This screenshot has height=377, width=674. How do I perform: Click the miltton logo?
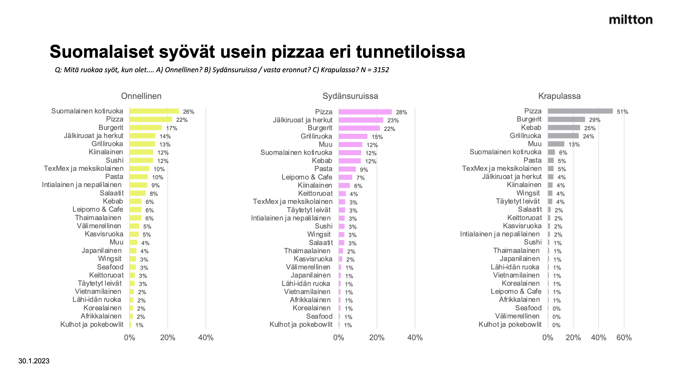click(631, 20)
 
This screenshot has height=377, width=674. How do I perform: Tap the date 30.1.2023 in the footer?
click(34, 361)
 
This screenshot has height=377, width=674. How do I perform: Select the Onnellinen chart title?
click(141, 96)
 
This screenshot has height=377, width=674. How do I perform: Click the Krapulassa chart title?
click(559, 96)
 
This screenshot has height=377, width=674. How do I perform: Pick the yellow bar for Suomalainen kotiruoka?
click(154, 111)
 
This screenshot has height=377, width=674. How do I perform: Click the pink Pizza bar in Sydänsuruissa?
click(365, 112)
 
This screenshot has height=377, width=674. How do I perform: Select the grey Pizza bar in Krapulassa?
click(580, 111)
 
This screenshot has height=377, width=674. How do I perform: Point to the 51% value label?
click(622, 112)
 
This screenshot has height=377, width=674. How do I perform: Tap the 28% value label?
click(401, 112)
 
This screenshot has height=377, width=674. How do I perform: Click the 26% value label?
click(188, 112)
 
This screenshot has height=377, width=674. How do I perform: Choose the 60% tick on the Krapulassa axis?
click(624, 338)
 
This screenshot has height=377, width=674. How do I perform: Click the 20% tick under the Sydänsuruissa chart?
click(377, 338)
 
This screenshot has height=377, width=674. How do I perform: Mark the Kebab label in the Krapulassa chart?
click(531, 128)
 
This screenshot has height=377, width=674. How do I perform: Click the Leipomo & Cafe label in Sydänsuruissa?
click(307, 177)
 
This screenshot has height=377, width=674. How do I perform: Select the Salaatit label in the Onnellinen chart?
click(111, 193)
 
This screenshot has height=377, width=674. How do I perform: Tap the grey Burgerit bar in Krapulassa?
click(566, 119)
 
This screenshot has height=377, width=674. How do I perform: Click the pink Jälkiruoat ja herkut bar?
click(361, 120)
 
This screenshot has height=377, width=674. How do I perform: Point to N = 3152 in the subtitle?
click(375, 70)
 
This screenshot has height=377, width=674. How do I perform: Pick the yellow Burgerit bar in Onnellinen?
click(146, 128)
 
